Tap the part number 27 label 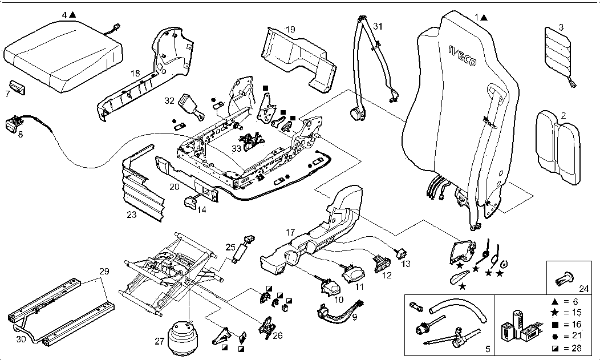coord(160,342)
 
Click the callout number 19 coord(290,29)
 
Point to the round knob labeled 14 coord(189,201)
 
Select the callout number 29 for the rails coord(103,272)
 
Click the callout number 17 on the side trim coord(290,233)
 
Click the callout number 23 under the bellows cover coord(132,216)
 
